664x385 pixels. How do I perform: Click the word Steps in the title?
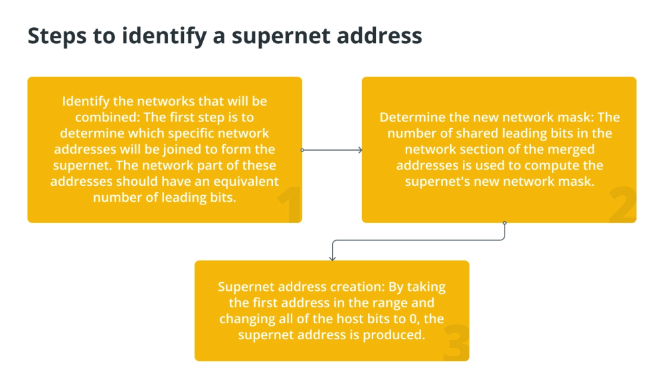click(x=57, y=36)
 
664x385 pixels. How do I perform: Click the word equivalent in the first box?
click(x=246, y=182)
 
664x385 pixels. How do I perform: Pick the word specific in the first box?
click(x=193, y=134)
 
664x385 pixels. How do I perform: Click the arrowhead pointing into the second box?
click(x=361, y=150)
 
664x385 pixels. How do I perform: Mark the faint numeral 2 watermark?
click(x=623, y=205)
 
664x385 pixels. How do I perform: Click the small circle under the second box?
click(x=505, y=223)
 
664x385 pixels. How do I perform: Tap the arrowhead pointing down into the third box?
click(x=333, y=258)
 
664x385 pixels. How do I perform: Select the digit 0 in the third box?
click(x=413, y=319)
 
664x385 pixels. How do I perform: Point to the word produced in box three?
click(x=393, y=335)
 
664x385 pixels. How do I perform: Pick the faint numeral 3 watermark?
click(x=456, y=343)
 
